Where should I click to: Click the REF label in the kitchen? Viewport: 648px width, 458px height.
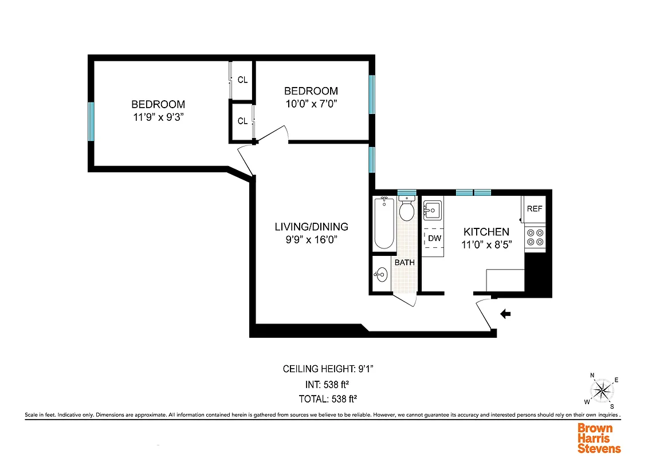(x=534, y=209)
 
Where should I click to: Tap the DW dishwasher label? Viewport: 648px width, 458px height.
(x=434, y=238)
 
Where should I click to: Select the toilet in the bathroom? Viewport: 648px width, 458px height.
(x=407, y=210)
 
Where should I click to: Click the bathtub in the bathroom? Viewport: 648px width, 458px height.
(x=384, y=223)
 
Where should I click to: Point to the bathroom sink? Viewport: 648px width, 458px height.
(x=380, y=275)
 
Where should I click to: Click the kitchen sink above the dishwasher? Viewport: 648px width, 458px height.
(x=432, y=211)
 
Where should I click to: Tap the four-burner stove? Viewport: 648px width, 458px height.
(x=535, y=238)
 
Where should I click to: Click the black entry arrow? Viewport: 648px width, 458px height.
(x=505, y=314)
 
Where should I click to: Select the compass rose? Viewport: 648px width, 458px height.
(x=602, y=392)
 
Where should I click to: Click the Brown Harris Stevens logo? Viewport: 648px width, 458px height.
(x=599, y=438)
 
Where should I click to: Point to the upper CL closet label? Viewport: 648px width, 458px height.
(x=242, y=80)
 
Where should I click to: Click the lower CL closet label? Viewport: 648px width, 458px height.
(x=242, y=121)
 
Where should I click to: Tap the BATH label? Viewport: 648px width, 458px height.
(x=404, y=262)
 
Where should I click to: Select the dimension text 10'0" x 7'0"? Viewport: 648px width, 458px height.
(x=311, y=104)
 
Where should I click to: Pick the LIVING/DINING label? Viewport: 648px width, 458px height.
(x=311, y=227)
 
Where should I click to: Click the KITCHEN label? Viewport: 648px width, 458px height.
(x=486, y=232)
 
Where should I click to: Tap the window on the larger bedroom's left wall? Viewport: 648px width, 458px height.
(x=91, y=121)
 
